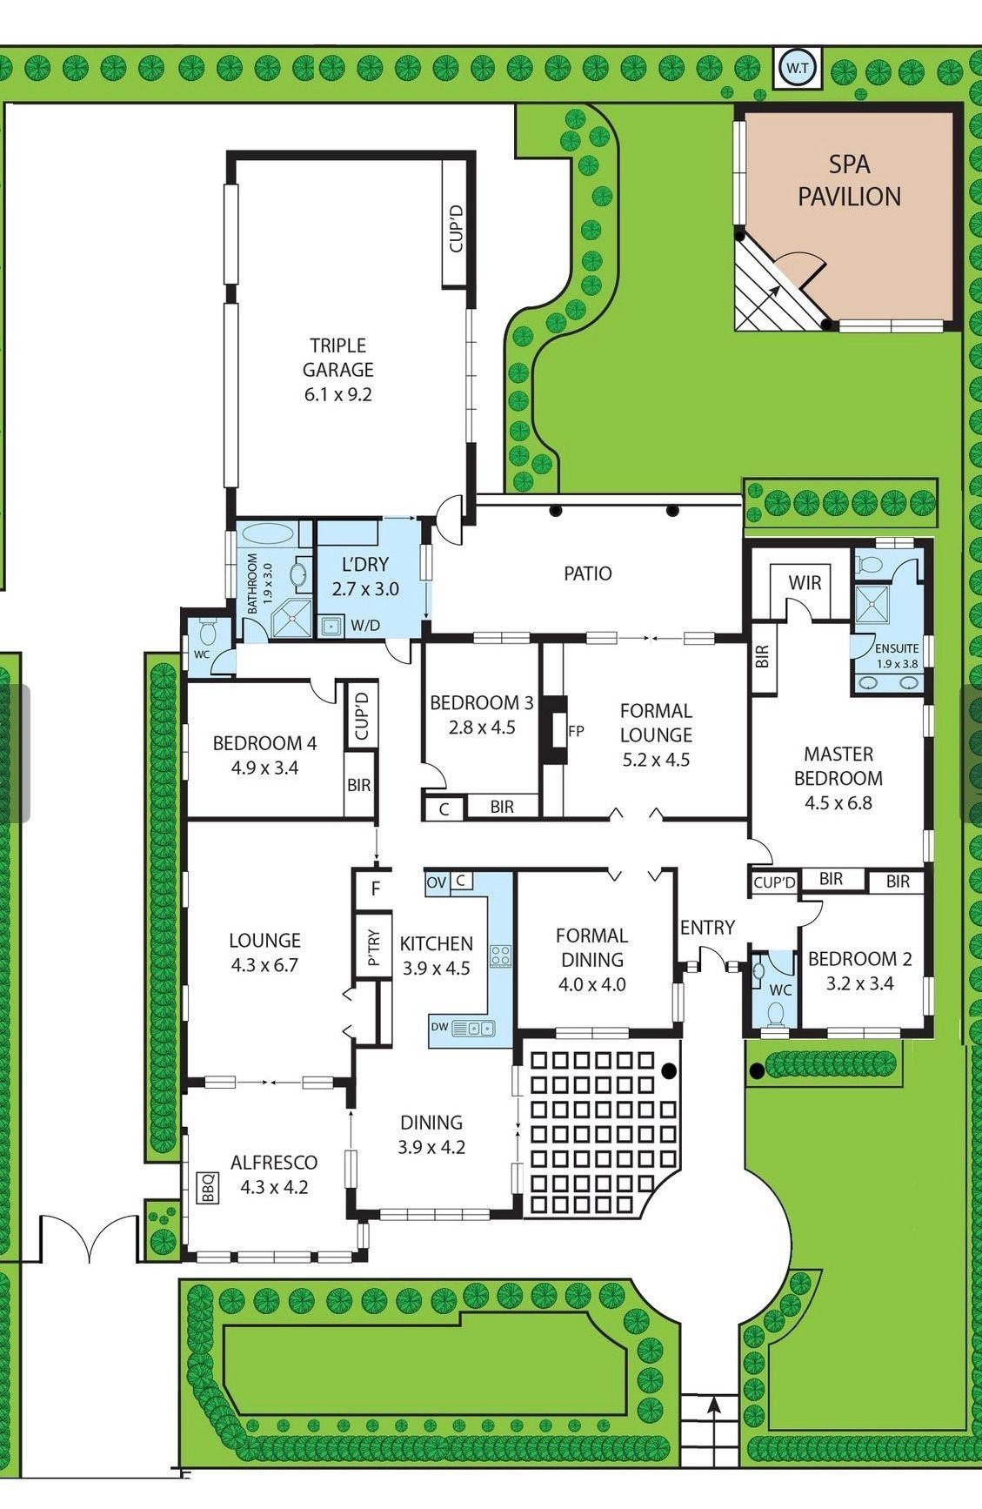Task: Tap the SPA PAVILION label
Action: click(849, 180)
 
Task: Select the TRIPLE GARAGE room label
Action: click(337, 358)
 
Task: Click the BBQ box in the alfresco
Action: click(209, 1188)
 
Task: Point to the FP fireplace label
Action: click(576, 731)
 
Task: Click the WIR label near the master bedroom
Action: click(805, 582)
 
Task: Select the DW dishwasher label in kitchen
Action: click(440, 1027)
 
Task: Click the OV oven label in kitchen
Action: click(437, 882)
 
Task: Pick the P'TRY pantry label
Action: click(375, 948)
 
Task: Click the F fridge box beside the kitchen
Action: click(375, 889)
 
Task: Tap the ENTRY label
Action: click(707, 928)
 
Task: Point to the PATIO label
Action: click(588, 573)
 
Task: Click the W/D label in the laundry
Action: click(365, 625)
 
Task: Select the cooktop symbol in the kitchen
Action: click(500, 956)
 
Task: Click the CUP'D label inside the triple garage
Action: click(457, 226)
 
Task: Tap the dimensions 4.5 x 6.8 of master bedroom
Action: click(838, 803)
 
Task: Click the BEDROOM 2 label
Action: click(860, 959)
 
